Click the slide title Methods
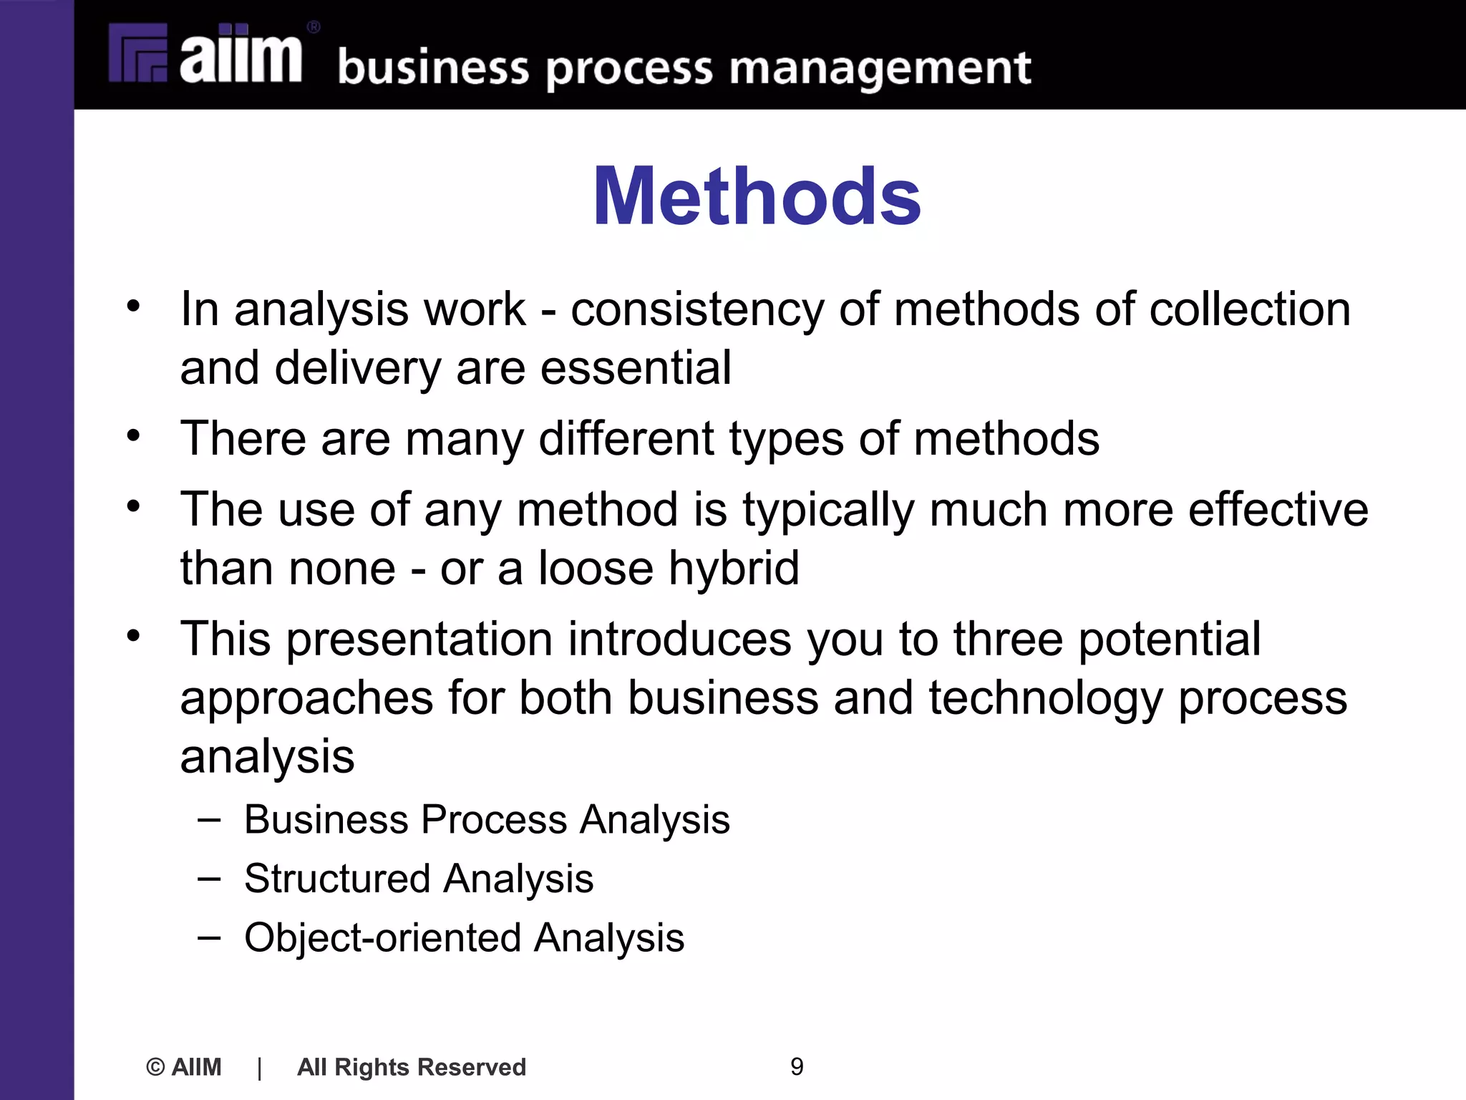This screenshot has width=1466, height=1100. click(757, 196)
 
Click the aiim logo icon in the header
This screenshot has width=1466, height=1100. click(138, 54)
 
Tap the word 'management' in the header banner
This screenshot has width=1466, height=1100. click(880, 69)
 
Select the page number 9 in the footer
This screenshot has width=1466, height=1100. click(797, 1066)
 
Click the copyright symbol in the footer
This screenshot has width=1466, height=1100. click(155, 1067)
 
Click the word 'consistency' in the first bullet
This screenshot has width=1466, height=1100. click(697, 309)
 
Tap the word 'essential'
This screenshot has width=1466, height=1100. click(636, 368)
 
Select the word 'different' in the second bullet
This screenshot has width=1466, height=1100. click(626, 438)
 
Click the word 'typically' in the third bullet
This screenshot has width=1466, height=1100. click(828, 510)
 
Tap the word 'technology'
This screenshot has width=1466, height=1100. click(1046, 698)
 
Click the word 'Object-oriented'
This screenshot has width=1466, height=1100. click(382, 937)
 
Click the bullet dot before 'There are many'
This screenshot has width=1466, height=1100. click(133, 435)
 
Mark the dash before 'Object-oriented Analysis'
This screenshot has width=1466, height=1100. click(209, 937)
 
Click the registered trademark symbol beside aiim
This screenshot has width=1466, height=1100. click(314, 27)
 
